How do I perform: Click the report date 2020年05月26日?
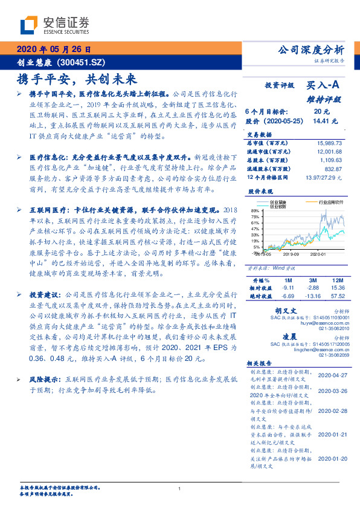(x=53, y=50)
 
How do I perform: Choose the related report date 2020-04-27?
(x=331, y=375)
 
